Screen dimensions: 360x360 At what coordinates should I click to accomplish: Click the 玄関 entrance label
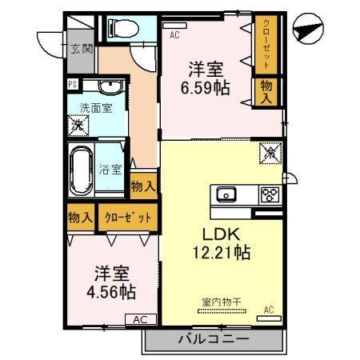coord(80,49)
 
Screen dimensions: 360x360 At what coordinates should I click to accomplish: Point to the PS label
coord(71,82)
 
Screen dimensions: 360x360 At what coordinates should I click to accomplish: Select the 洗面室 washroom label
coord(95,107)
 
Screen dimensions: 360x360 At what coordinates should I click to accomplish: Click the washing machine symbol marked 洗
coord(78,126)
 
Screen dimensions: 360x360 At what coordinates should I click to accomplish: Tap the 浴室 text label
coord(110,170)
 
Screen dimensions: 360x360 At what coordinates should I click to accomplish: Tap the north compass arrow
coord(310,30)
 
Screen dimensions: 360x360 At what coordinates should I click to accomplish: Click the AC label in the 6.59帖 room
coord(174,35)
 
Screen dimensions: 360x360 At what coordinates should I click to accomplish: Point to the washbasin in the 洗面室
coord(106,87)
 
